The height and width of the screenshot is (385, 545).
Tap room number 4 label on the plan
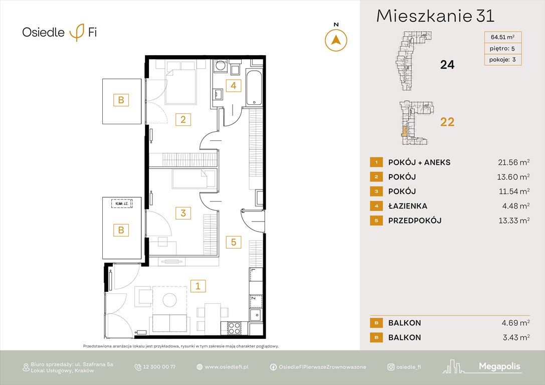coord(233,85)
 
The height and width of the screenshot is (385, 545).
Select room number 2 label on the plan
coord(183,119)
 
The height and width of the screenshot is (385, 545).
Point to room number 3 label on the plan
coord(183,213)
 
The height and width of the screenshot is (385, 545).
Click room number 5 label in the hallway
coord(233,243)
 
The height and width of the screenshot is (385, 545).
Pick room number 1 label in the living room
coord(198,286)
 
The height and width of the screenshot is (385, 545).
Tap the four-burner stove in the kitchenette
coord(234,328)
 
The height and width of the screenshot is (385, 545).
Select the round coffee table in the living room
coord(169,300)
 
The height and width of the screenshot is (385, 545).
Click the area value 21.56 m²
coord(511,162)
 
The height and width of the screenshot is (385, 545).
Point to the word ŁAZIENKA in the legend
coord(408,206)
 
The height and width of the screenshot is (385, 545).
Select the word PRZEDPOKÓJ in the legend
coord(415,221)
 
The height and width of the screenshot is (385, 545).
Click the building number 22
coord(447,122)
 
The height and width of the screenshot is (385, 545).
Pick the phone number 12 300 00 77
coord(159,367)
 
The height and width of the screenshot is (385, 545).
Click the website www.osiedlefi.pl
coord(227,367)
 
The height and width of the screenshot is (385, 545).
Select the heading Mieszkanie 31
coord(435,16)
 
